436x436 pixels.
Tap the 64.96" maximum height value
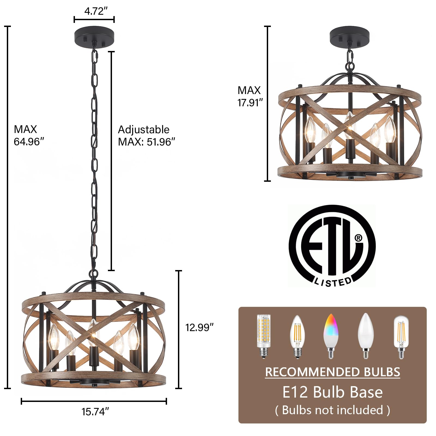pos(29,142)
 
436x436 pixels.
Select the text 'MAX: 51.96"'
pos(146,142)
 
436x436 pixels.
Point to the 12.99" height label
pos(199,327)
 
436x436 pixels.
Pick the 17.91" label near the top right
pos(250,103)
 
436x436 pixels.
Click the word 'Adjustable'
pos(144,129)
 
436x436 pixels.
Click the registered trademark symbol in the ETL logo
pos(358,238)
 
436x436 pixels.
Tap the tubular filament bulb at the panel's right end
pos(401,337)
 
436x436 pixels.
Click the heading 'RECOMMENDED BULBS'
pos(332,372)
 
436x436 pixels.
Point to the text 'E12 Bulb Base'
pos(332,392)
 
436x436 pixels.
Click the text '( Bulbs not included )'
pos(332,410)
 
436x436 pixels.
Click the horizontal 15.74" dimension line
pos(94,401)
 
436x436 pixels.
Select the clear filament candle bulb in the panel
pos(297,336)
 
